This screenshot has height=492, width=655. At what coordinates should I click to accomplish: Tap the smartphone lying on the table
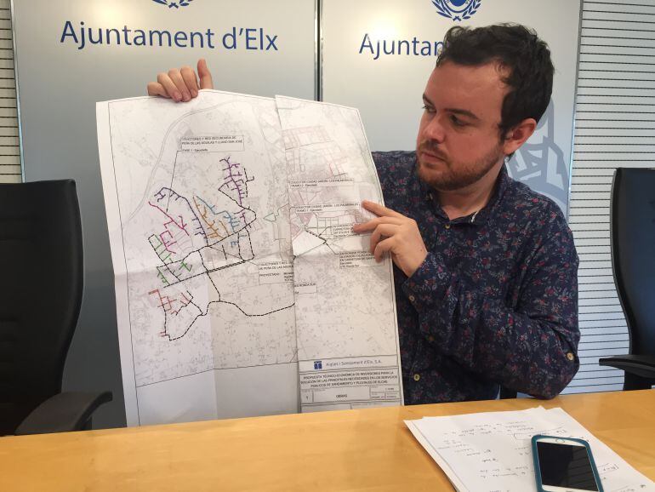tap(567, 463)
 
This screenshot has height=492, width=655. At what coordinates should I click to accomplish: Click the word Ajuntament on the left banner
tap(136, 37)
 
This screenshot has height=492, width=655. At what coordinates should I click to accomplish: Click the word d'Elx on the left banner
tap(247, 38)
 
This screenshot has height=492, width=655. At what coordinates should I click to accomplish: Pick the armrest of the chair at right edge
tap(629, 362)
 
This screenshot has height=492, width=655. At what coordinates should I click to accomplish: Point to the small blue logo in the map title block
tap(317, 363)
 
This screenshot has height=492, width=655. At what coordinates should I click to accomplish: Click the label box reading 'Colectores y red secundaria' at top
tap(209, 142)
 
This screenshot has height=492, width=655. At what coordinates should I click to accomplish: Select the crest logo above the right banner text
tap(456, 8)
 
